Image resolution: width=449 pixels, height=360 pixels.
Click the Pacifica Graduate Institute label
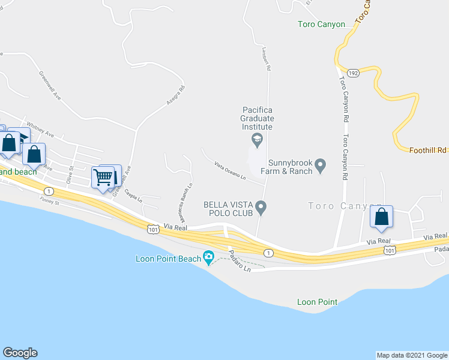(258, 118)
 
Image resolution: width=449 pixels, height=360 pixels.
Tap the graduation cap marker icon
(258, 140)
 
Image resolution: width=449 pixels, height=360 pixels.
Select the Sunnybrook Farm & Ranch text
(291, 167)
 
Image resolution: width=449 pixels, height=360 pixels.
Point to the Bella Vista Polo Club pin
(261, 208)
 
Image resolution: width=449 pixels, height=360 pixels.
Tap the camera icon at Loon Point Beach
(208, 258)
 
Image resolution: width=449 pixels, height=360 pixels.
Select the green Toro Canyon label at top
(322, 25)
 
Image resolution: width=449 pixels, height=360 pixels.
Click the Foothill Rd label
(429, 151)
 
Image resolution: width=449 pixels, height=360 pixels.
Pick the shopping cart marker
(103, 178)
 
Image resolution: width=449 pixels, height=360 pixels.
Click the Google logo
(20, 353)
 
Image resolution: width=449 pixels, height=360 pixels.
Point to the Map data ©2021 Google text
(411, 355)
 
